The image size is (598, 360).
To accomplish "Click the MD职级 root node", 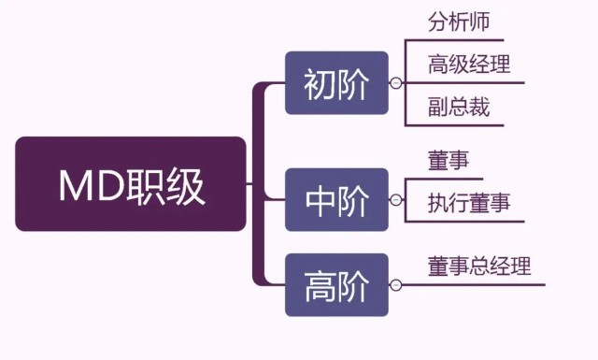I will [x=131, y=184].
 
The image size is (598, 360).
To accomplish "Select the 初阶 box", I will [x=336, y=83].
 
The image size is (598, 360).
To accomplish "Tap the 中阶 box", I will [x=336, y=199].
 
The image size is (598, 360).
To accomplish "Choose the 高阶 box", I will [x=336, y=283].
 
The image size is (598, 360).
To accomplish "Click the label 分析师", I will [x=459, y=22].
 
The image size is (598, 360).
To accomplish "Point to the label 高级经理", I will [x=469, y=65].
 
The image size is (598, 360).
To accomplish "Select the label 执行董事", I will [x=469, y=203].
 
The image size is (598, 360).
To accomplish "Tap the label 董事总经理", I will [x=479, y=266].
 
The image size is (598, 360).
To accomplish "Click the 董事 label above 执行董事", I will [x=448, y=161].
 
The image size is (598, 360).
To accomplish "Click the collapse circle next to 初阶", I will [x=396, y=83].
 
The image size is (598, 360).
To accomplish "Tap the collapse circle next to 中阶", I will [x=396, y=199].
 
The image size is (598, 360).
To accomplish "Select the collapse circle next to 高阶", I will [x=396, y=283].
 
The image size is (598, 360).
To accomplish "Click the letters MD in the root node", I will [x=90, y=185].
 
